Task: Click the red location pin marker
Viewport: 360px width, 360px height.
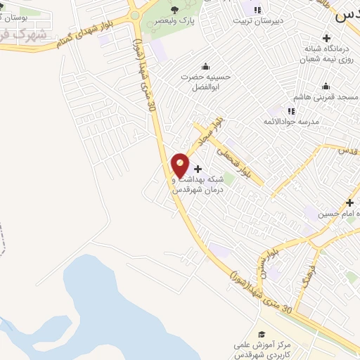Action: pyautogui.click(x=180, y=165)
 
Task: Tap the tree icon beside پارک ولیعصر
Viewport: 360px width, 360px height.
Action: pyautogui.click(x=174, y=10)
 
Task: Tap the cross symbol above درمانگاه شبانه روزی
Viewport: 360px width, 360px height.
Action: pyautogui.click(x=325, y=37)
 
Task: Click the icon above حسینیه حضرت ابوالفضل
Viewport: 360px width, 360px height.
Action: pyautogui.click(x=205, y=65)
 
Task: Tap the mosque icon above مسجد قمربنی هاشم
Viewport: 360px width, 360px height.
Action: pyautogui.click(x=325, y=87)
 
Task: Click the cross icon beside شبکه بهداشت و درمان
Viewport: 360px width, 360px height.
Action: pyautogui.click(x=198, y=169)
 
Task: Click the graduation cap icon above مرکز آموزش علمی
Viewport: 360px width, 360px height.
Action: pyautogui.click(x=262, y=334)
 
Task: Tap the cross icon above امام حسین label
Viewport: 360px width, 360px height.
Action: pyautogui.click(x=349, y=203)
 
